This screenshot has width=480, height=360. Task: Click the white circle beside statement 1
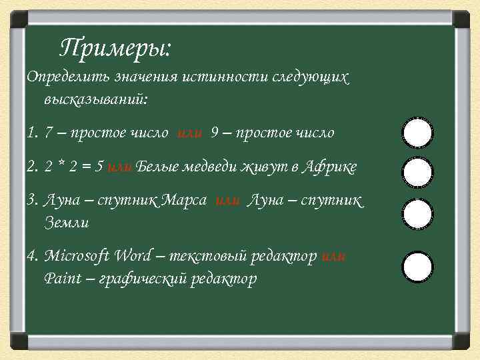click(x=418, y=133)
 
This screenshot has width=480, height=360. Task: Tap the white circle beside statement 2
click(x=418, y=173)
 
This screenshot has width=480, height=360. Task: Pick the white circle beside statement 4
click(x=418, y=267)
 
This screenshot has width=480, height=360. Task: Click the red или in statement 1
click(x=190, y=133)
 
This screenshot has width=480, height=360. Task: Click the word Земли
click(x=66, y=223)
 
